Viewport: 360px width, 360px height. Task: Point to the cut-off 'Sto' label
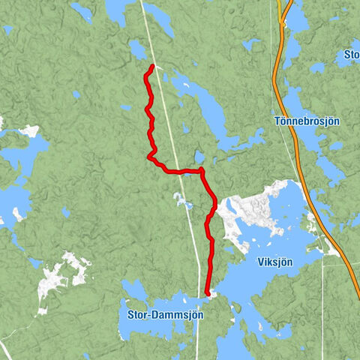click(x=351, y=54)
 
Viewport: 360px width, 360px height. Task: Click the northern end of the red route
click(x=152, y=67)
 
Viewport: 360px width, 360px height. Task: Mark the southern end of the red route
click(x=207, y=294)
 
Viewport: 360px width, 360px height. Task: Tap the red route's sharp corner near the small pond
click(x=201, y=171)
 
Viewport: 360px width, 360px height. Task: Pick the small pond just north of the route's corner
click(x=199, y=157)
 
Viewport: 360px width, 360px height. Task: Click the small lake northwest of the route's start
click(x=138, y=49)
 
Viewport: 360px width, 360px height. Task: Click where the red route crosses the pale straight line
click(x=176, y=172)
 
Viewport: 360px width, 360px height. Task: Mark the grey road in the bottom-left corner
click(x=6, y=349)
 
